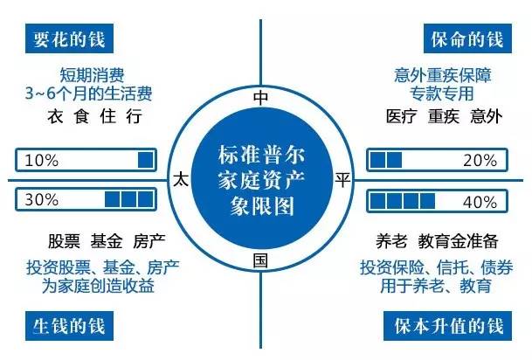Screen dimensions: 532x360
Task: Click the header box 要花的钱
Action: (x=69, y=38)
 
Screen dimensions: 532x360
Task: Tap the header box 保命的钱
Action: (x=467, y=38)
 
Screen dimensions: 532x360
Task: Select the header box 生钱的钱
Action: (x=69, y=326)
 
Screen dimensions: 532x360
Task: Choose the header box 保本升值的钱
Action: (x=448, y=326)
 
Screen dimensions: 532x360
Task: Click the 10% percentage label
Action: (x=42, y=160)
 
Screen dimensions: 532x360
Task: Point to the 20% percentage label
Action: (x=480, y=160)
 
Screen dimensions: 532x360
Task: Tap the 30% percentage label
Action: (x=42, y=199)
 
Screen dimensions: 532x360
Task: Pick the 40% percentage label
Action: (x=480, y=202)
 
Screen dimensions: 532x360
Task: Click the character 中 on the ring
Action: (x=260, y=98)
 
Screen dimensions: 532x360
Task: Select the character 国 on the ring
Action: (x=260, y=261)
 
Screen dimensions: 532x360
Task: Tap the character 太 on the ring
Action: (x=181, y=179)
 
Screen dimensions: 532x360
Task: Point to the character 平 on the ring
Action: (x=342, y=179)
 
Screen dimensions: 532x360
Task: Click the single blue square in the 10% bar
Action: (x=146, y=160)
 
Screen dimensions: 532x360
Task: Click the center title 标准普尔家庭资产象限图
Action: (x=261, y=180)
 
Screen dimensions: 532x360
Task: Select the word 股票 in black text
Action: (x=64, y=241)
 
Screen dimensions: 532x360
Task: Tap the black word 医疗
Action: (x=401, y=116)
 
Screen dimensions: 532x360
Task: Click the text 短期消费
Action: (x=92, y=75)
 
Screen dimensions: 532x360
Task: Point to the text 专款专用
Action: (x=441, y=93)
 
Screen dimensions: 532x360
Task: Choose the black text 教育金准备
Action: (x=458, y=241)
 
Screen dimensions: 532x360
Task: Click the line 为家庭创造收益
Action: (x=98, y=286)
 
